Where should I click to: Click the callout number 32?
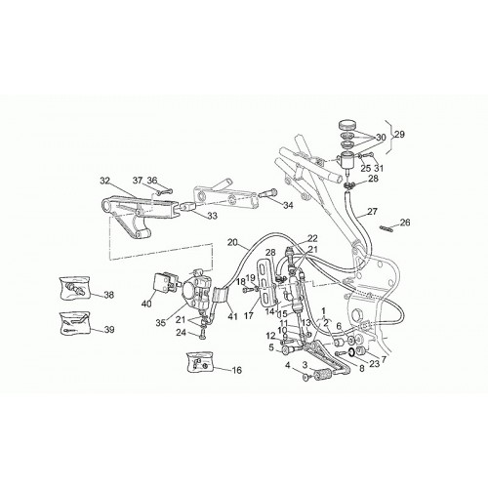point(105,181)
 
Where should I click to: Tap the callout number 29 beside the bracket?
point(399,134)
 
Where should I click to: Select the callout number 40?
point(146,305)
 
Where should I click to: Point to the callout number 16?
point(237,370)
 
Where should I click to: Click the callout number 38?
point(108,295)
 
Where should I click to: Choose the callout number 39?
point(109,330)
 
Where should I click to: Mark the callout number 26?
point(405,223)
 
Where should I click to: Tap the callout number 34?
point(288,205)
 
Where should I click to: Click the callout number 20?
point(232,242)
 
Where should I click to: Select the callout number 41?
point(232,316)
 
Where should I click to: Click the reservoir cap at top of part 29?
point(346,125)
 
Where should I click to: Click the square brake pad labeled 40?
point(162,281)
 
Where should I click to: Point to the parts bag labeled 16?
point(199,362)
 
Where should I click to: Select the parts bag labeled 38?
point(74,288)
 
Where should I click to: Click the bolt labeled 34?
point(268,193)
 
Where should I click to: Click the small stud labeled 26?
point(386,227)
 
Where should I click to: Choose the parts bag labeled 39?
point(75,322)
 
